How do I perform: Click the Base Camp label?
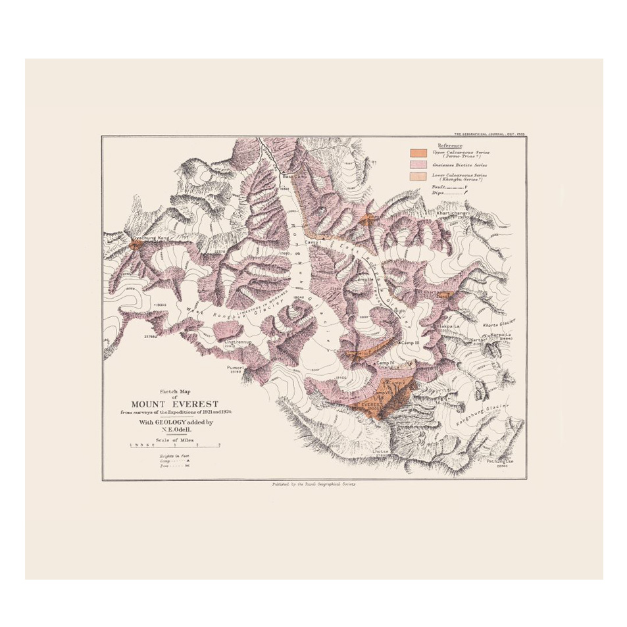click(x=291, y=177)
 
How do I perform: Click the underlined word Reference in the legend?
click(x=450, y=145)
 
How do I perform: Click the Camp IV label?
click(x=384, y=363)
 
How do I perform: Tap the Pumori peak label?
click(x=235, y=367)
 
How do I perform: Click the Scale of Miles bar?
click(x=174, y=445)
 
